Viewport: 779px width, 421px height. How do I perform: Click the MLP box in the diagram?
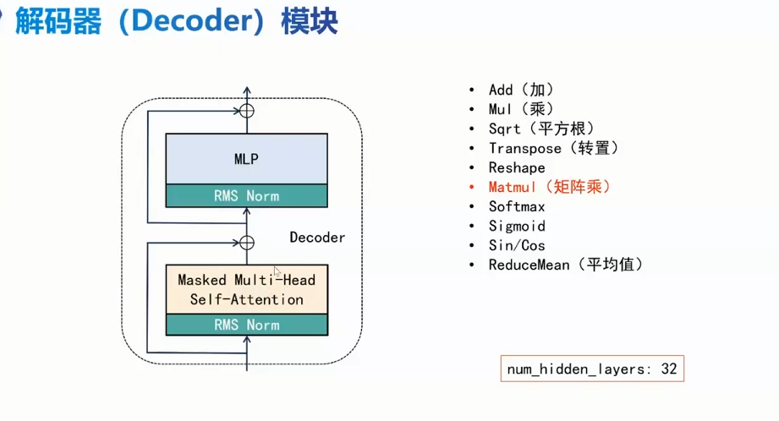click(246, 158)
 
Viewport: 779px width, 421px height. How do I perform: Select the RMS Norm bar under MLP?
click(246, 196)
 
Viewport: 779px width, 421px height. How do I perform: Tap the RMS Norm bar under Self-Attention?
click(246, 325)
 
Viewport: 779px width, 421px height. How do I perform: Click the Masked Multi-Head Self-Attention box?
click(246, 289)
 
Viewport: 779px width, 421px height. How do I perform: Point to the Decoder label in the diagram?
click(317, 238)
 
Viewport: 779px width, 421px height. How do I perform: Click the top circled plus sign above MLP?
click(247, 111)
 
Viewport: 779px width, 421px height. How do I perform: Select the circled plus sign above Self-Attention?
click(247, 243)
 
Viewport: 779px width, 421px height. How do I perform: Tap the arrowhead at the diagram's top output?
click(247, 90)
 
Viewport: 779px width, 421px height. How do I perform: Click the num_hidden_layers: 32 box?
click(591, 369)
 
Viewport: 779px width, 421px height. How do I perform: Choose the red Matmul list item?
click(549, 187)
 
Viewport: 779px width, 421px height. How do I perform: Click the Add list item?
click(522, 90)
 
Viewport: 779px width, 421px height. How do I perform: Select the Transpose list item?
click(554, 148)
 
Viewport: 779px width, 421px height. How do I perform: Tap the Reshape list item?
click(517, 167)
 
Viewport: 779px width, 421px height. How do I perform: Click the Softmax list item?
click(517, 206)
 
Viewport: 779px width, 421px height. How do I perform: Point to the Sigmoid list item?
click(517, 226)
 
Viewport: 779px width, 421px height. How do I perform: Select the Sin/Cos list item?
click(517, 245)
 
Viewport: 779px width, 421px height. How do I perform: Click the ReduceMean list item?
click(566, 265)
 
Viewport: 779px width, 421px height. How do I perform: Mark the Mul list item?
click(521, 109)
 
